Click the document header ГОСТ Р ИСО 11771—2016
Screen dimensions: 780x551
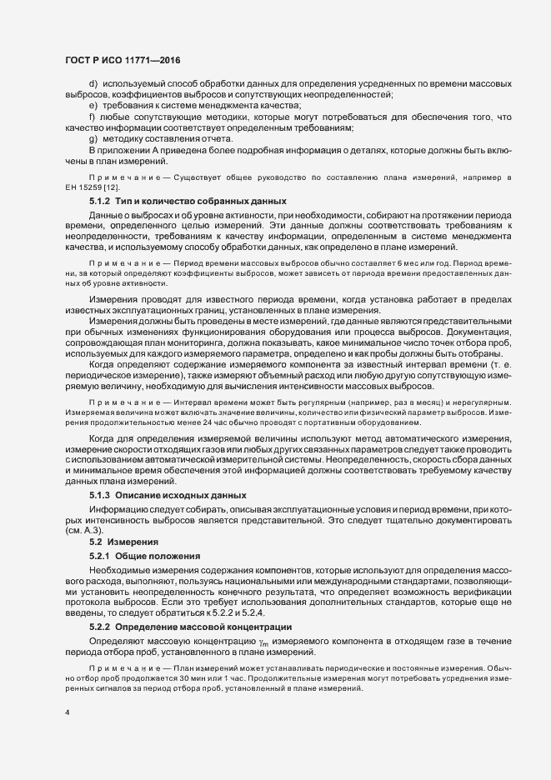click(122, 60)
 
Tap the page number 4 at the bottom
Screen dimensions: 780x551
click(66, 712)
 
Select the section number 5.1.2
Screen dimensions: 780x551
click(100, 202)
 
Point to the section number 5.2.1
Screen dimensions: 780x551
click(100, 555)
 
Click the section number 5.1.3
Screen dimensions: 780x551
click(100, 495)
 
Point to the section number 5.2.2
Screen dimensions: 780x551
click(100, 625)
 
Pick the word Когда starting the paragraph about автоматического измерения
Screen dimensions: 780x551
click(102, 439)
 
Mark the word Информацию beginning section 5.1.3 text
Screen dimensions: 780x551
click(118, 507)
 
